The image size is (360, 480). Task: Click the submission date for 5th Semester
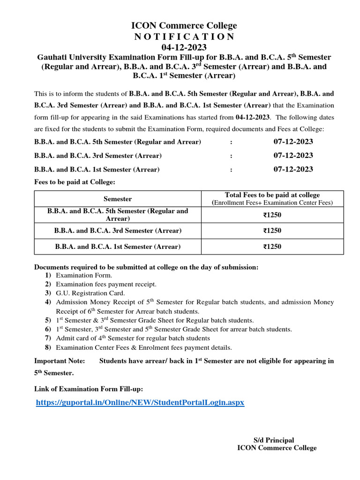click(293, 142)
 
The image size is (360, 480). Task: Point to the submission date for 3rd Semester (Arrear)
click(293, 156)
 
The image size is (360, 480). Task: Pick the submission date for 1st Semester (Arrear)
click(293, 169)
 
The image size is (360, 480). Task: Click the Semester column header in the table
click(118, 199)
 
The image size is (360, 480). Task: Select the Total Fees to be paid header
click(272, 195)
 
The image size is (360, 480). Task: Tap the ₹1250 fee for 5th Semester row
click(272, 215)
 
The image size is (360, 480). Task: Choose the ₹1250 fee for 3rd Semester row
click(272, 231)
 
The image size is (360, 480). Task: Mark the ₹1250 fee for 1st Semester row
click(272, 247)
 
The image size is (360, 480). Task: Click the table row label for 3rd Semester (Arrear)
click(118, 231)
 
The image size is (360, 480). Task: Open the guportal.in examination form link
click(140, 403)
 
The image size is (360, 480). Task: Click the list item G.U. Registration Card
click(90, 293)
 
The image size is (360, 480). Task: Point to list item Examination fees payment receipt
click(106, 284)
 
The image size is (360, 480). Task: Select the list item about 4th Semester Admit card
click(133, 338)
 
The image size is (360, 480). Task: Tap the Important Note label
click(60, 361)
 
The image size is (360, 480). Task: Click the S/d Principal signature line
click(274, 440)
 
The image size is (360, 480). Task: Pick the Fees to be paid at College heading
click(75, 182)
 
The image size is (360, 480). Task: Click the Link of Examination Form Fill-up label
click(89, 389)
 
